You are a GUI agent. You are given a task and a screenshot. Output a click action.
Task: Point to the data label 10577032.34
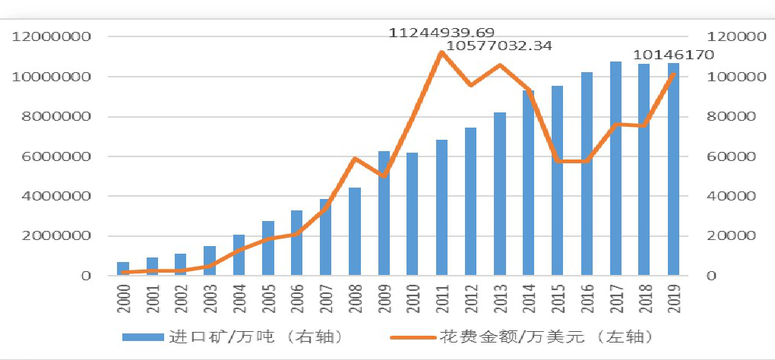coord(498,46)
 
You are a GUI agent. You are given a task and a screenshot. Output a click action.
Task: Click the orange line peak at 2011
coord(441,52)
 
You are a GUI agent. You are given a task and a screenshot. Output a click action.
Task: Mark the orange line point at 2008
coord(355,159)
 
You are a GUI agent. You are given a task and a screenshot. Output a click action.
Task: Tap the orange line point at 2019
coord(673,74)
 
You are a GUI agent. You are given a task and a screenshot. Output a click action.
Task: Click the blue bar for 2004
coord(239,255)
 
